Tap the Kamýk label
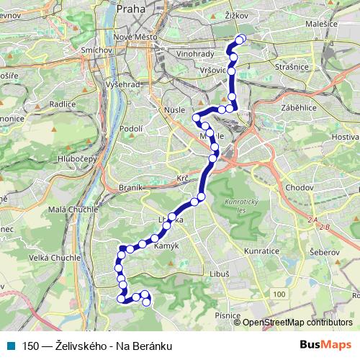pos(166,246)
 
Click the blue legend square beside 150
pos(12,346)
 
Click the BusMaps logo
pos(328,345)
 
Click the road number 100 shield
pos(279,294)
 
